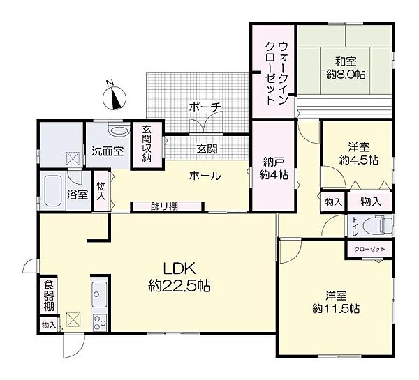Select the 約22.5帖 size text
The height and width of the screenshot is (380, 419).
coord(179,285)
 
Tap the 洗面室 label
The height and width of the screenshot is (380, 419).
coord(106,150)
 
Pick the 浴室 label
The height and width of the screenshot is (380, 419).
coord(78,195)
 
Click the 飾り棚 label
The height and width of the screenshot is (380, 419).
coord(165,206)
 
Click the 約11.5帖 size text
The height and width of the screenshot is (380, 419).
coord(336,307)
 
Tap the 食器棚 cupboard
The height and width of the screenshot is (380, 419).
coord(48,296)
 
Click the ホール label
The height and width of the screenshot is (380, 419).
coord(205,176)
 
